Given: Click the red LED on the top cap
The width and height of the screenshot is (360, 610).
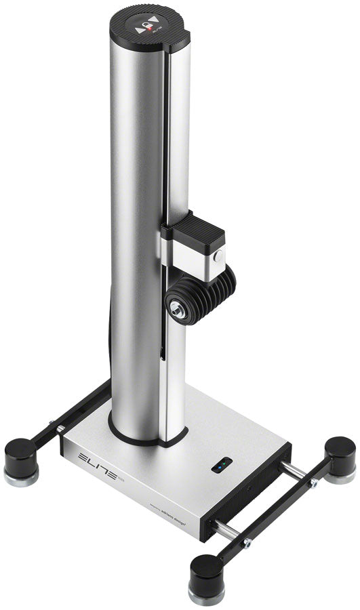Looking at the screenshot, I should pos(144,26).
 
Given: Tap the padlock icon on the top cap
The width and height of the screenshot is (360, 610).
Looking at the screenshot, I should pos(144,29).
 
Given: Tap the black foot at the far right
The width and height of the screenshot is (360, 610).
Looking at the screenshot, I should pos(339,455).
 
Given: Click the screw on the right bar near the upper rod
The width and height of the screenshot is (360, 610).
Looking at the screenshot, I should pos(313,483).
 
